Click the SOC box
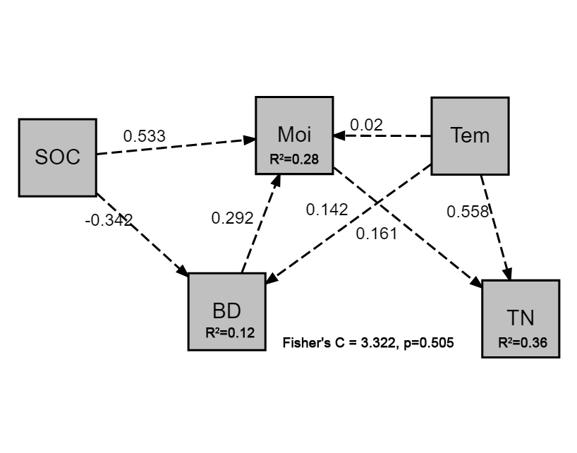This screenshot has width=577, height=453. coord(57,157)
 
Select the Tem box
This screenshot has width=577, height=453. coord(470,135)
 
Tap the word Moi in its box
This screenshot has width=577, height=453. coord(294,134)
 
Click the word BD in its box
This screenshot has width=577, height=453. coord(226,310)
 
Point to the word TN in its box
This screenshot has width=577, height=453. coord(521,318)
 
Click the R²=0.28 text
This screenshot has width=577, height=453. coord(294,159)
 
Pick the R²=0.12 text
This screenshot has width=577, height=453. coord(230,332)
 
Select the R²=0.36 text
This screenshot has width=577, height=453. coord(523,343)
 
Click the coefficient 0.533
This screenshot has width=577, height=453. coord(145,136)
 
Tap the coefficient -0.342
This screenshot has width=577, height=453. coord(109,220)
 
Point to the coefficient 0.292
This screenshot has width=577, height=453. coord(232,218)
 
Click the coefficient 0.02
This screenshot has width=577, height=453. coord(367,125)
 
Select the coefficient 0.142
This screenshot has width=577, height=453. coord(327,210)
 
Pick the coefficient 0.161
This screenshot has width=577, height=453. coord(377,234)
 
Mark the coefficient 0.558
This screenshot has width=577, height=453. coord(468,212)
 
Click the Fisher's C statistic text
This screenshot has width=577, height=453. coord(368,343)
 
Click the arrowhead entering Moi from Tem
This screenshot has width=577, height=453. coord(339,135)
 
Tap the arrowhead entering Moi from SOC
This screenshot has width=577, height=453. coord(250,139)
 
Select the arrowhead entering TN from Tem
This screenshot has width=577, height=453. coord(506,274)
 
